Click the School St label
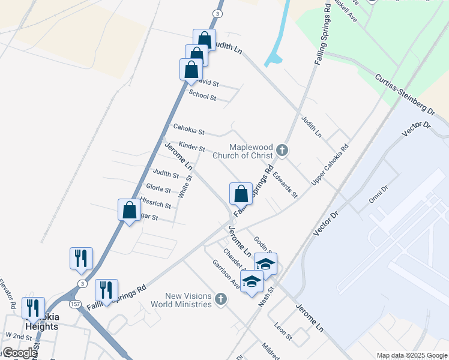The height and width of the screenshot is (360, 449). pyautogui.click(x=202, y=95)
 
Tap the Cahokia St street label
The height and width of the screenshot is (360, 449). pyautogui.click(x=188, y=129)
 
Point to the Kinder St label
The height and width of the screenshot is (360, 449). pyautogui.click(x=192, y=146)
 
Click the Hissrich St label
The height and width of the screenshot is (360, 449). pyautogui.click(x=155, y=203)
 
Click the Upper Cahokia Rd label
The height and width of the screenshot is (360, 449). pyautogui.click(x=330, y=164)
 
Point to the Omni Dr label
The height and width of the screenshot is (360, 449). pyautogui.click(x=380, y=193)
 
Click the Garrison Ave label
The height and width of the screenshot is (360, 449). pyautogui.click(x=226, y=275)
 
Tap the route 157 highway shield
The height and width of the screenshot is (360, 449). pyautogui.click(x=76, y=304)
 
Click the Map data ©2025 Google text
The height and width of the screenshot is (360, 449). pyautogui.click(x=412, y=355)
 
